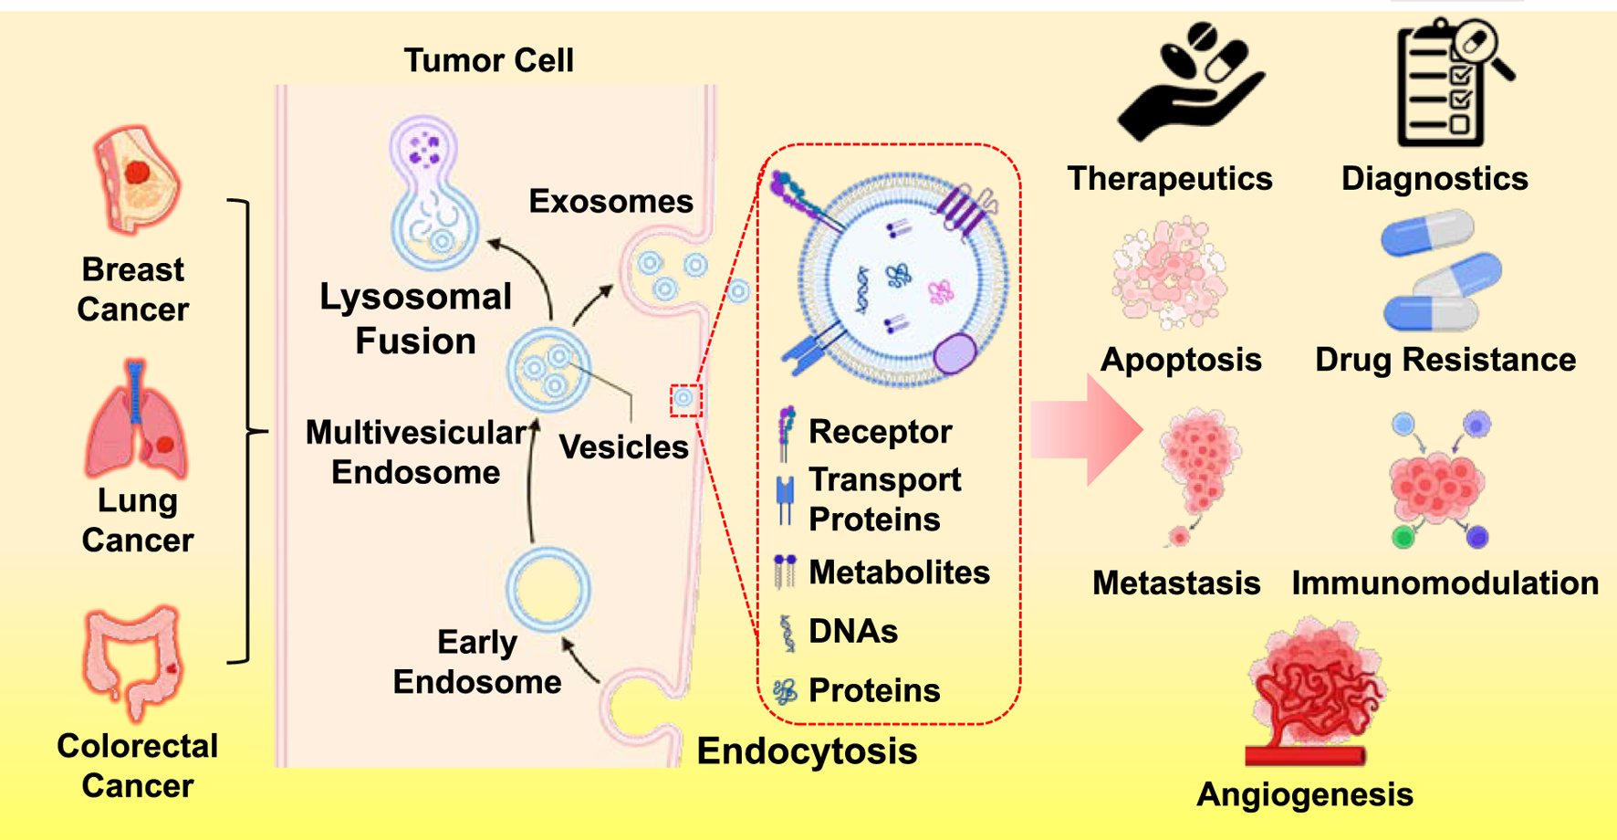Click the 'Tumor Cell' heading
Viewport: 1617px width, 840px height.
[x=488, y=60]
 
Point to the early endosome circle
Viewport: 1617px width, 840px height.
[x=548, y=589]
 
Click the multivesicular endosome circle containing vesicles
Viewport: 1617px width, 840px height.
[x=548, y=369]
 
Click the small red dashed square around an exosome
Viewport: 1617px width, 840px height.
[x=685, y=399]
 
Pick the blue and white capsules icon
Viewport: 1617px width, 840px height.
[x=1439, y=271]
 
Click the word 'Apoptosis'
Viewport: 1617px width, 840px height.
[x=1181, y=360]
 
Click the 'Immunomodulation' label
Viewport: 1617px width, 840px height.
[x=1445, y=583]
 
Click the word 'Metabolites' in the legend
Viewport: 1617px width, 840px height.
[x=899, y=572]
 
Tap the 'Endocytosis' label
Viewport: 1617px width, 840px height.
[x=807, y=751]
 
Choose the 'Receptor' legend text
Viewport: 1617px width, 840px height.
[x=880, y=432]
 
